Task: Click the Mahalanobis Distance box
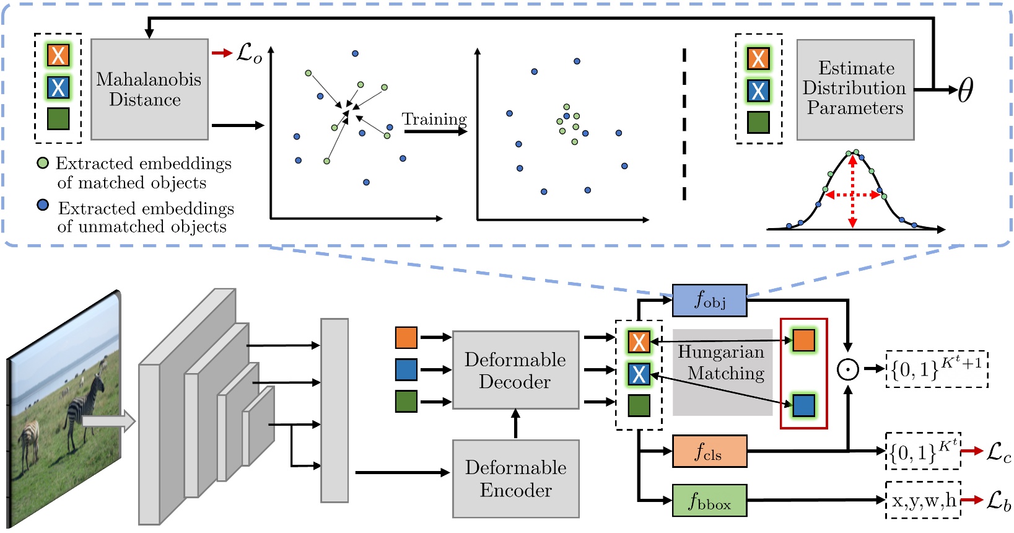149,89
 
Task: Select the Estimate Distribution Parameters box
855,89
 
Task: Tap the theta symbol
966,90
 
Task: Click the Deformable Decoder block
515,370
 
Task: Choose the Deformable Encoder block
515,478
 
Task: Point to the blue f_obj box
709,300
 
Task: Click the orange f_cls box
709,451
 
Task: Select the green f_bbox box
709,500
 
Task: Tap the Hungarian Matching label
722,363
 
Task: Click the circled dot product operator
847,369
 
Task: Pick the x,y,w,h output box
923,500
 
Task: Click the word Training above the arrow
434,119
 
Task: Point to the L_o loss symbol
249,53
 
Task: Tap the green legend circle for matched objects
43,163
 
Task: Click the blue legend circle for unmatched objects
43,205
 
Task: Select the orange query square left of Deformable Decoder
406,338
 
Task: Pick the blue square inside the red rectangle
803,405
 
